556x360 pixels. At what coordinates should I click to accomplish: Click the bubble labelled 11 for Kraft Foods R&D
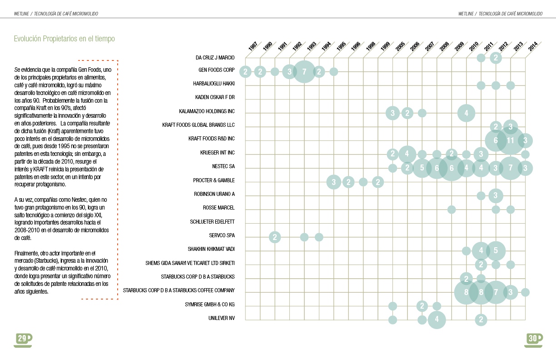(x=511, y=140)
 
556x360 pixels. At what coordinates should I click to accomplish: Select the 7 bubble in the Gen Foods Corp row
(x=304, y=71)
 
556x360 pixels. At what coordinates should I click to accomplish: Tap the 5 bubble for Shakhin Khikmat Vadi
(x=496, y=250)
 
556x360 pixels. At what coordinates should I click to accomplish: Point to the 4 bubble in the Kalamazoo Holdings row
(x=466, y=113)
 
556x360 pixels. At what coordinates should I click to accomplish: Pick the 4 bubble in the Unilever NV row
(x=437, y=320)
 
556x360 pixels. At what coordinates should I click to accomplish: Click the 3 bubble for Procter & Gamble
(x=334, y=182)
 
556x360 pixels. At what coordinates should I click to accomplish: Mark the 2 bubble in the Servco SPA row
(x=275, y=237)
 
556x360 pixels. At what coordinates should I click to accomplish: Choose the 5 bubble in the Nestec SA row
(x=422, y=168)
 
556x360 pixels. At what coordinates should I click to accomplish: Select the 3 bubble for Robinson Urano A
(x=496, y=196)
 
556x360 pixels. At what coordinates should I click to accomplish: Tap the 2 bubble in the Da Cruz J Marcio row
(x=496, y=58)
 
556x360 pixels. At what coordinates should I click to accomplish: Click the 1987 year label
(x=253, y=46)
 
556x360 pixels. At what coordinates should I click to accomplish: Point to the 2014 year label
(x=533, y=46)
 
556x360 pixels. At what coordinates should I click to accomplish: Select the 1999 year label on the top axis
(x=386, y=46)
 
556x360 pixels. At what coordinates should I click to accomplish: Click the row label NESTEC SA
(x=223, y=166)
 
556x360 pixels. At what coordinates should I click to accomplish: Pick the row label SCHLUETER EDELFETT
(x=212, y=222)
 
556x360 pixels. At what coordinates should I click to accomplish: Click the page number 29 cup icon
(x=23, y=339)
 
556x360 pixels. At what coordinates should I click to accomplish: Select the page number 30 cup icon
(x=533, y=339)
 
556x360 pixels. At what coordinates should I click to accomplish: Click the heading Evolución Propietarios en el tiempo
(x=64, y=39)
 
